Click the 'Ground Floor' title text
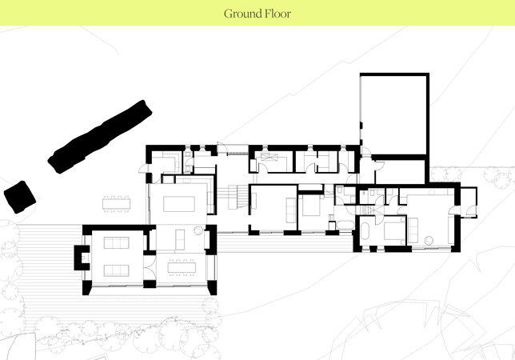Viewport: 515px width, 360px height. [x=257, y=14]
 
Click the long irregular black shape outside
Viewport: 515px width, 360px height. [x=100, y=137]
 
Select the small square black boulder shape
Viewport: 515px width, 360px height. [x=20, y=197]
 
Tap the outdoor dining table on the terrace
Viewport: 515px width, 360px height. [x=116, y=204]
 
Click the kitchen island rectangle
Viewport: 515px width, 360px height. [x=179, y=204]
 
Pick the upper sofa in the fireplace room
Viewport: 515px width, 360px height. [x=116, y=242]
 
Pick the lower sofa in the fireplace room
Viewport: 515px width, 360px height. [x=116, y=270]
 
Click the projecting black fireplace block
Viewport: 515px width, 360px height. [x=82, y=258]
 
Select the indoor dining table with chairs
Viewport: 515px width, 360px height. [x=182, y=267]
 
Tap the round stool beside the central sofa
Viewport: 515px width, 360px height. [x=198, y=230]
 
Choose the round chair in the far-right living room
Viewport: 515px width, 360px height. [x=429, y=241]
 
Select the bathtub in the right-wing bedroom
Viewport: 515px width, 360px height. [x=365, y=230]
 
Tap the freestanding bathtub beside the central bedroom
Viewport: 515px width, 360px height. [x=345, y=225]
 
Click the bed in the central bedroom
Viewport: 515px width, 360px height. [x=311, y=206]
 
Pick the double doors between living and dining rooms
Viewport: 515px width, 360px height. [x=150, y=267]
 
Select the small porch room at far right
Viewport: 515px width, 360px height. [x=469, y=202]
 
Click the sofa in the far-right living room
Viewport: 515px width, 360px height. [x=413, y=230]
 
